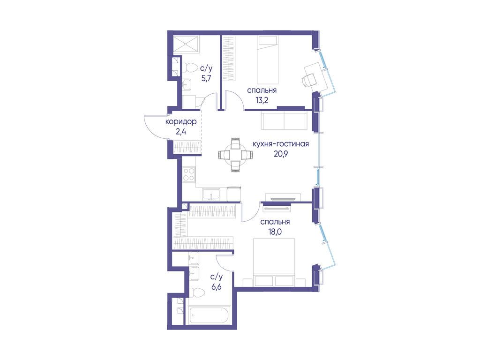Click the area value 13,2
[x=262, y=100]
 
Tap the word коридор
[x=180, y=122]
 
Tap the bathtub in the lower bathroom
[x=209, y=315]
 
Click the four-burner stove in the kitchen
[x=188, y=174]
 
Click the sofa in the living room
[x=284, y=120]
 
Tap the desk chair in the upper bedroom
[x=307, y=80]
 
